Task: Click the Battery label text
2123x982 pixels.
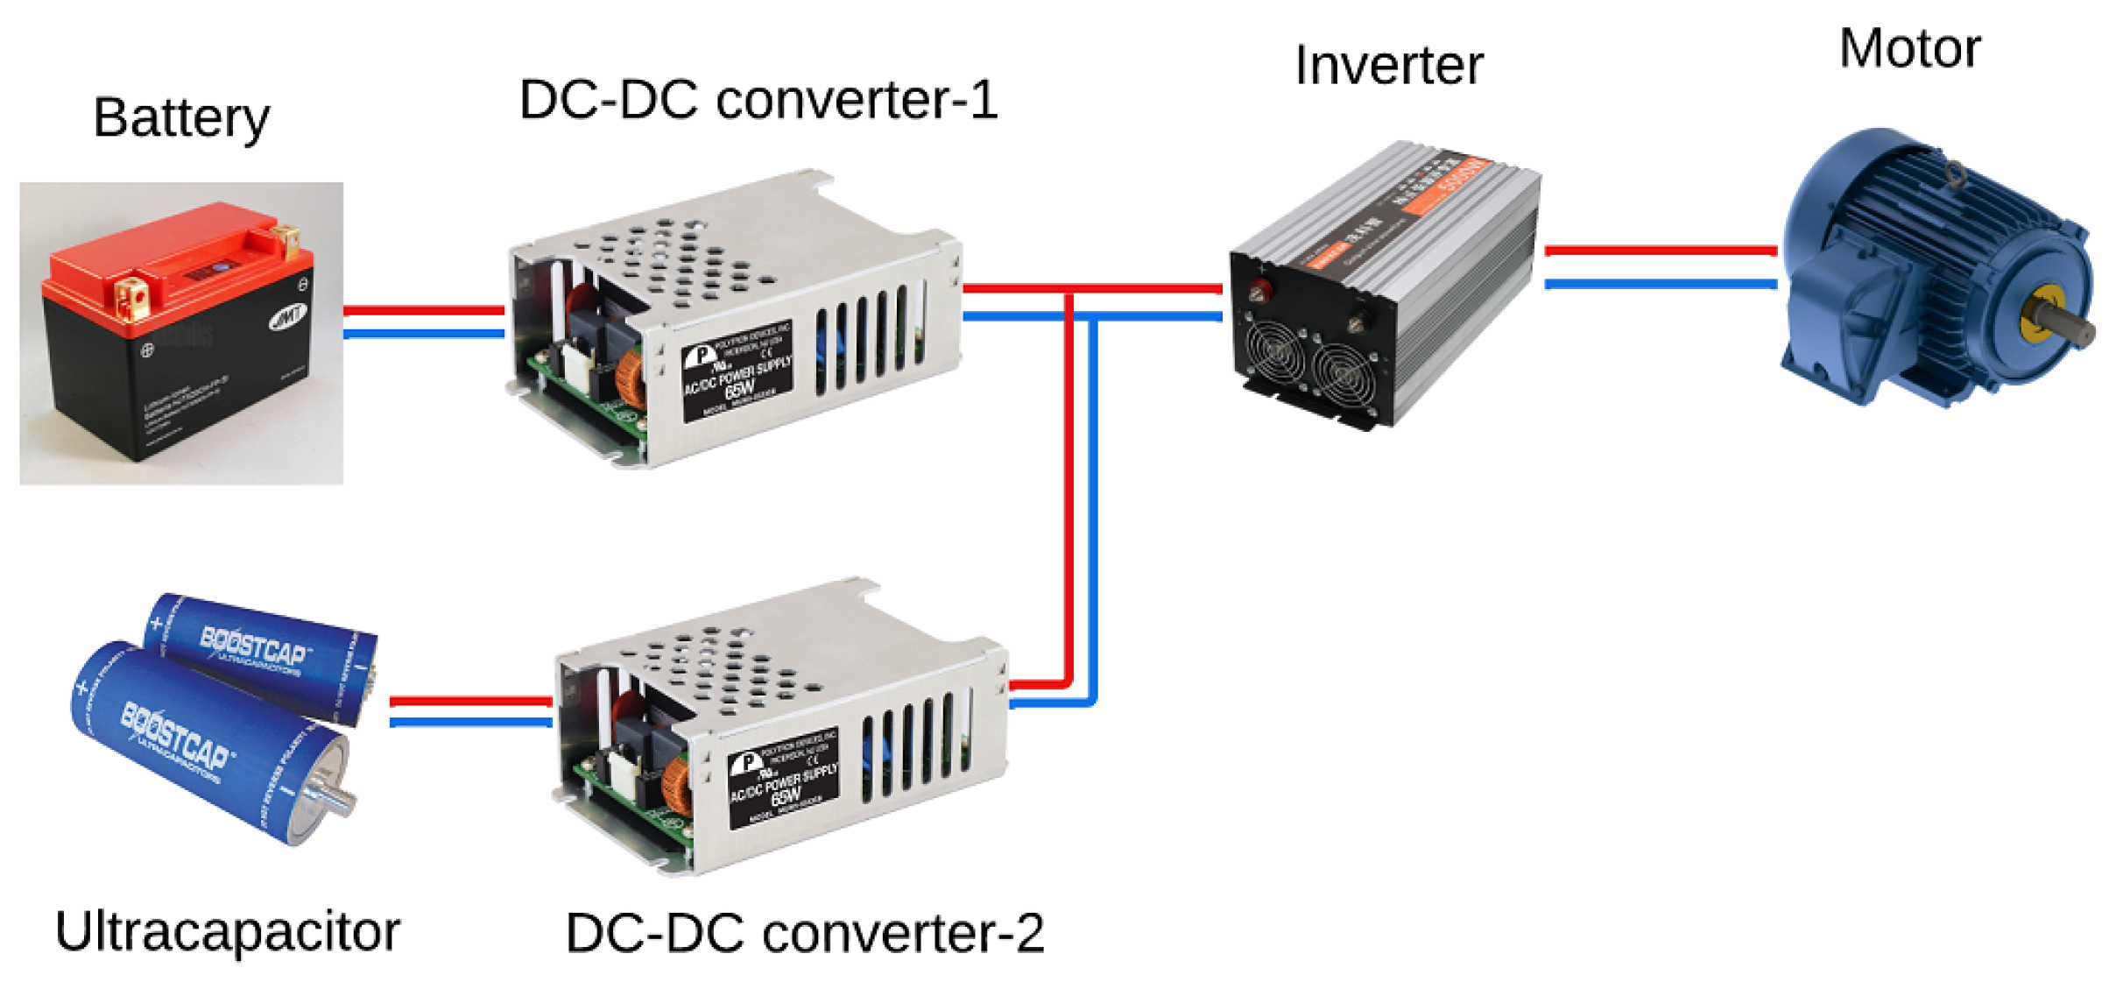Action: [181, 118]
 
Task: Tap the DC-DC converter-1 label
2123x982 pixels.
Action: [758, 100]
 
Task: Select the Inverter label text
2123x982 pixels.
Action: [1388, 66]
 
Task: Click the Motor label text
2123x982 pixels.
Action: [1909, 48]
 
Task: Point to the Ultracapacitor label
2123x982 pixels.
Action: [227, 931]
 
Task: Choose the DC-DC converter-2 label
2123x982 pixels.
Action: [804, 933]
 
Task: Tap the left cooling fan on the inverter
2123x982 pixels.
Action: [1274, 351]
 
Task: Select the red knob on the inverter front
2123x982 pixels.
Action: [1261, 290]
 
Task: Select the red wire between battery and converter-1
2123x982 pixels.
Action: [424, 311]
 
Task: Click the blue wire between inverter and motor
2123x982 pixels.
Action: [1660, 284]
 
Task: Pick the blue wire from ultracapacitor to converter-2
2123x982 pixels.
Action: [470, 723]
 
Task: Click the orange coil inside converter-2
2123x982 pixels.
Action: [675, 785]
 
